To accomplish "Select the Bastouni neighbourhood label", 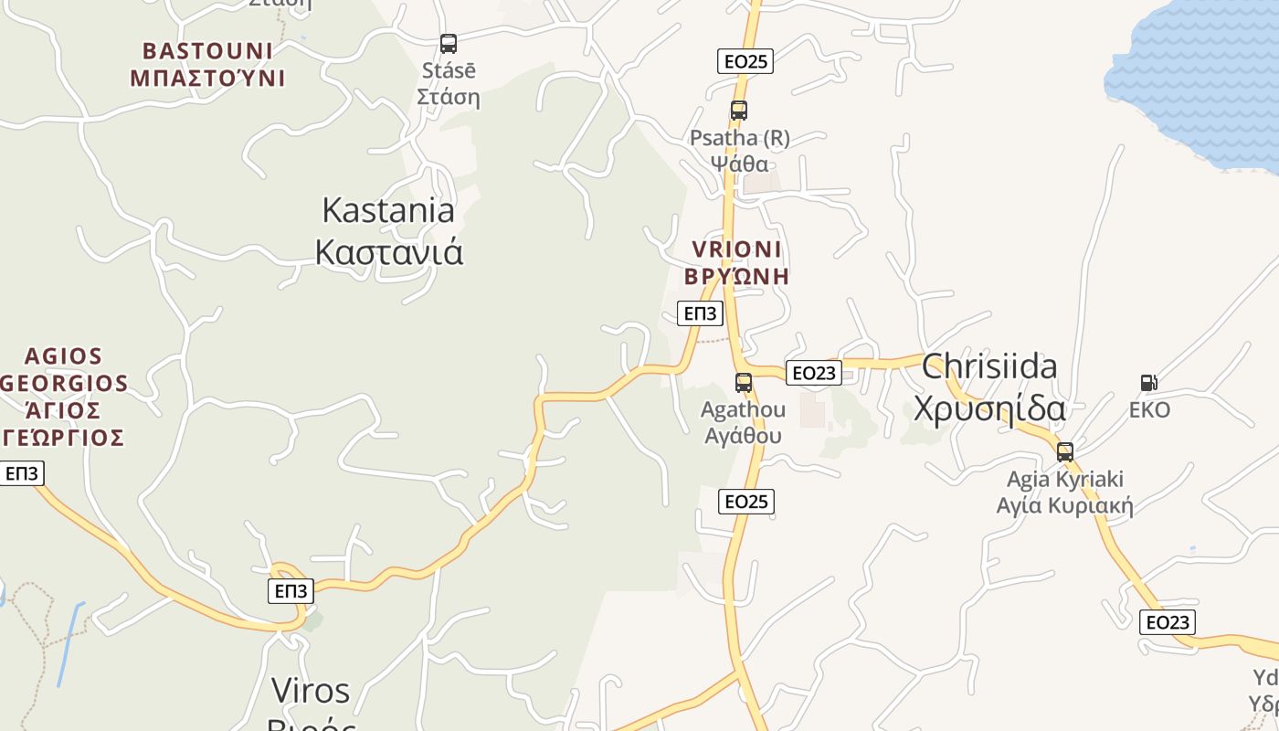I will (x=207, y=64).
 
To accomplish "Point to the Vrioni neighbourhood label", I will (x=736, y=262).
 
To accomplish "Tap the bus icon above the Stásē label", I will (x=448, y=43).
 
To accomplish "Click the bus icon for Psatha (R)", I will (x=738, y=111).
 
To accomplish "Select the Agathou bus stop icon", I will (x=744, y=382).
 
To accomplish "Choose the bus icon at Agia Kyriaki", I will (x=1064, y=451).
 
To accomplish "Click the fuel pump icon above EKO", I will (x=1148, y=383).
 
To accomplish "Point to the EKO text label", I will (x=1149, y=410).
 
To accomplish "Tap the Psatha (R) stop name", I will (x=739, y=151).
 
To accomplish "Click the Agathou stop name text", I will (x=743, y=422).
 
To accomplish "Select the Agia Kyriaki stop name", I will (x=1064, y=493).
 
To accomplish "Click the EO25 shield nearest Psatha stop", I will (x=745, y=61).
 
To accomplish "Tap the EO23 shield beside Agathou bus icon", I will (x=814, y=373).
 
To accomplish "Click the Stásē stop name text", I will (x=449, y=83).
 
